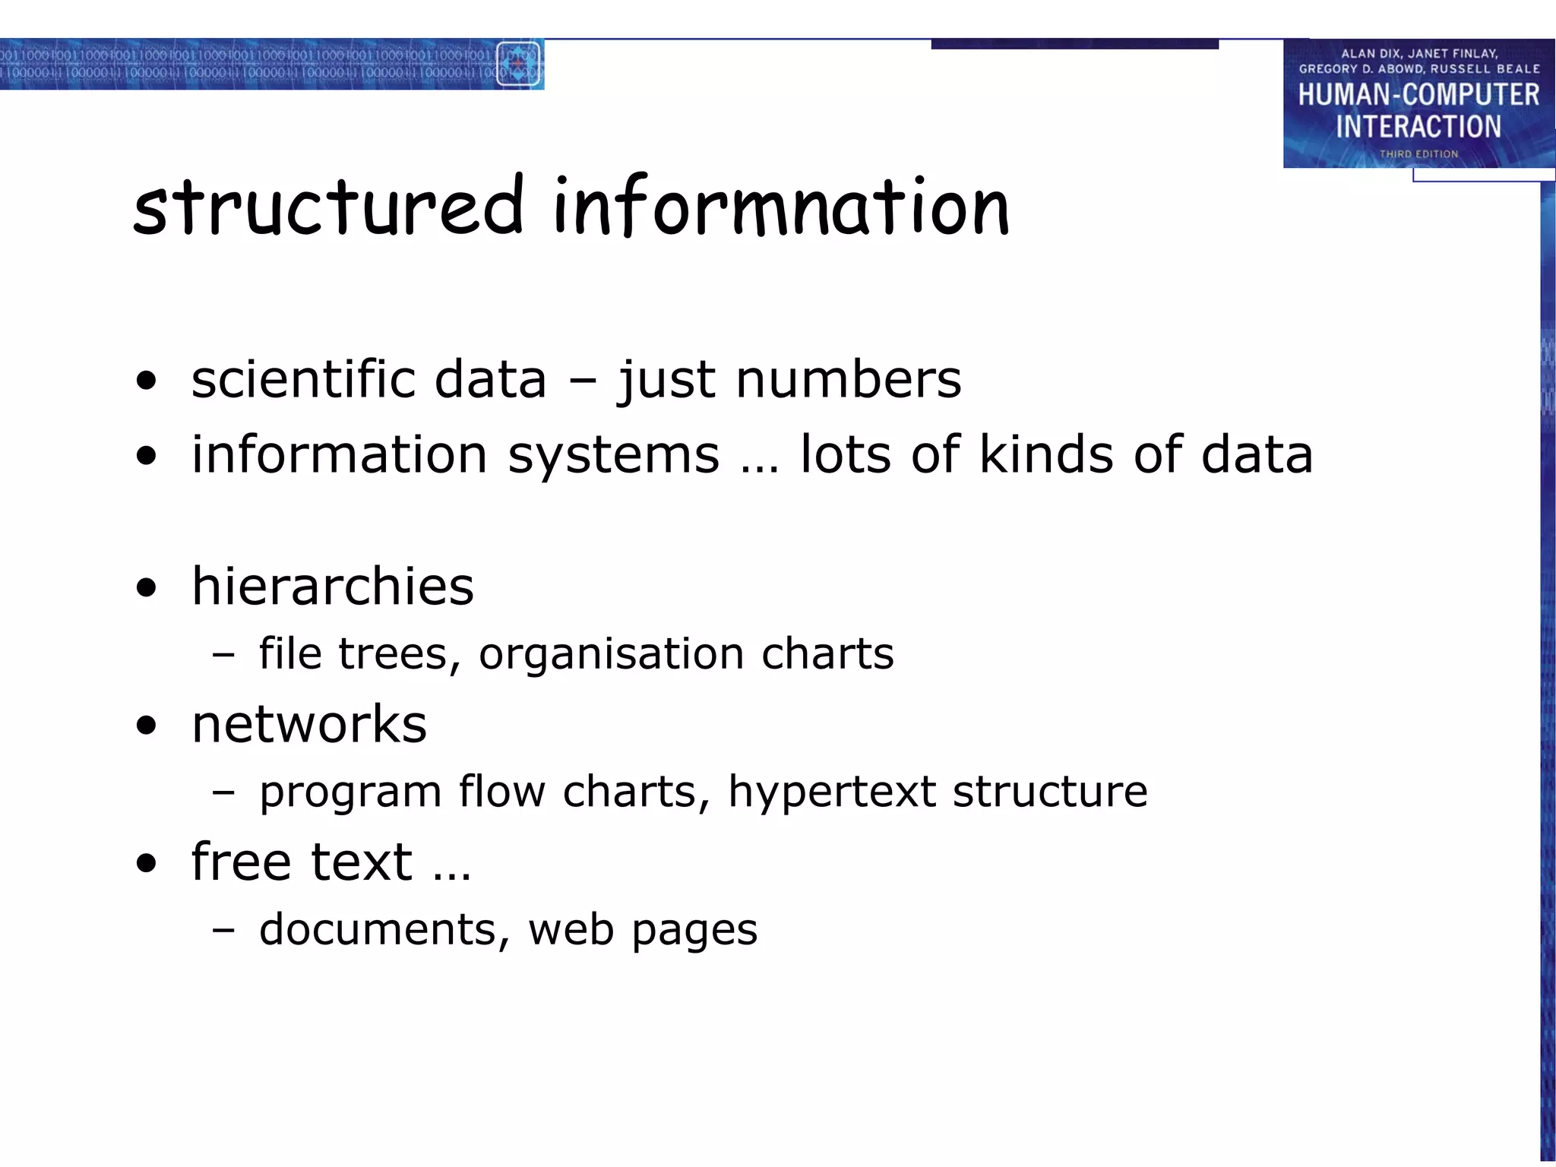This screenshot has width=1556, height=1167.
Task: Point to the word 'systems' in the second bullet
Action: (613, 454)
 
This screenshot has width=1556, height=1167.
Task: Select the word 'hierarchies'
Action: (333, 587)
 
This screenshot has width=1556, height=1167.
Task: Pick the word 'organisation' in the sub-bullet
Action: (611, 653)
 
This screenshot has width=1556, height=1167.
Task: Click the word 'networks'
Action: (309, 724)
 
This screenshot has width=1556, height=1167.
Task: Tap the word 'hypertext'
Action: (832, 792)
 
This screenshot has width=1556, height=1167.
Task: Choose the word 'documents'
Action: (378, 929)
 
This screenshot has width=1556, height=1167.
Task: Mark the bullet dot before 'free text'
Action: (147, 863)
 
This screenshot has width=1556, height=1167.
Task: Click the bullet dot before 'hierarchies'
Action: (147, 587)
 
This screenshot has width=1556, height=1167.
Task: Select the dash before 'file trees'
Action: (223, 654)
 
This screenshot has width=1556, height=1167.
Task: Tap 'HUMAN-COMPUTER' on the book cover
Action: (1418, 95)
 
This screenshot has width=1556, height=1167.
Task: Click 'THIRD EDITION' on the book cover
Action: (1418, 154)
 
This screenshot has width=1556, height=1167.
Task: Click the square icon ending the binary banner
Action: (518, 64)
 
